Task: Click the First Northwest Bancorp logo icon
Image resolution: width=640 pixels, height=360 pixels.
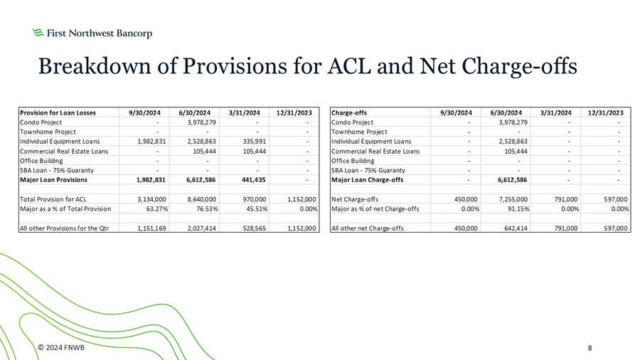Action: point(38,33)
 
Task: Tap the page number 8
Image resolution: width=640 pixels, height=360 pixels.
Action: point(590,348)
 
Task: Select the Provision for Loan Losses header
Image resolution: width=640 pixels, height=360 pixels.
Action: point(58,112)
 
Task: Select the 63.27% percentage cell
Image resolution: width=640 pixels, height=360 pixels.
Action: point(151,209)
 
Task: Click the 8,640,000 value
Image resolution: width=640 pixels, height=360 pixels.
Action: point(199,199)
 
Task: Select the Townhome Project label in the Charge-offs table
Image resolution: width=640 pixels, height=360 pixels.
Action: point(360,132)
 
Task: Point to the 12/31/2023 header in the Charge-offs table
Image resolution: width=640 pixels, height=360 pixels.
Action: point(606,112)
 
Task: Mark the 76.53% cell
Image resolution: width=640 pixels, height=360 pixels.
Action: point(201,209)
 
